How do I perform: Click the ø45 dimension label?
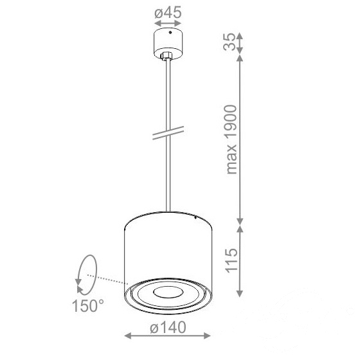click(x=168, y=12)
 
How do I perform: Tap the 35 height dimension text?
click(x=230, y=42)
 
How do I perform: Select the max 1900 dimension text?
click(x=231, y=139)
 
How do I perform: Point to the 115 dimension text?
click(x=231, y=260)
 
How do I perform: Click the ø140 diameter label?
click(x=168, y=327)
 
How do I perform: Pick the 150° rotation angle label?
click(x=88, y=305)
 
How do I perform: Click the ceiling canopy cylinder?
click(x=168, y=44)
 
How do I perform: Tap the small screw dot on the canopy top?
click(x=170, y=32)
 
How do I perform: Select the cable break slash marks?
click(x=168, y=133)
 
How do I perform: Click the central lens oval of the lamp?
click(x=168, y=292)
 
